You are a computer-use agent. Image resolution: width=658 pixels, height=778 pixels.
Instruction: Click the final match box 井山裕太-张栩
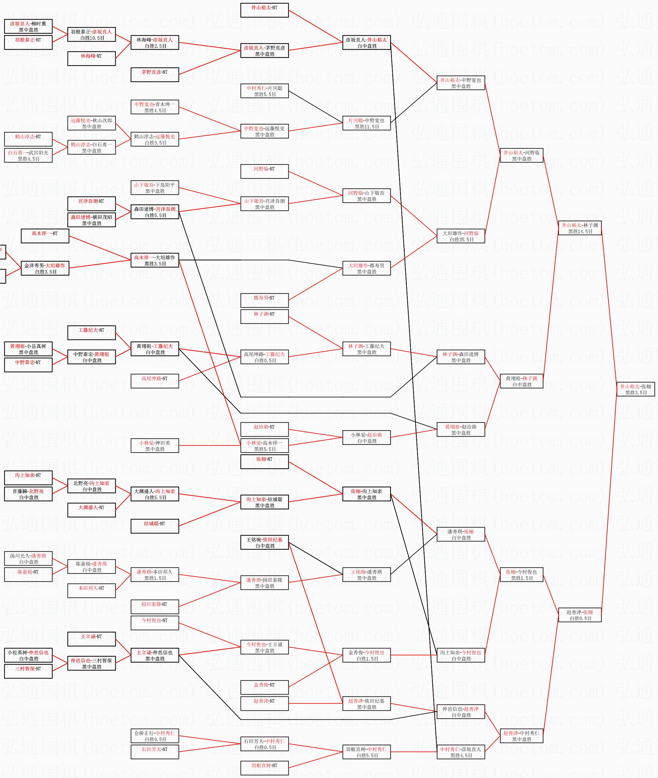click(x=636, y=389)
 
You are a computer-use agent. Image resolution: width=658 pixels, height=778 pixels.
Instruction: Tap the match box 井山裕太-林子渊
click(x=580, y=228)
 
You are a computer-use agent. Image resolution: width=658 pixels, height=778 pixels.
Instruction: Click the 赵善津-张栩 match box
click(x=580, y=615)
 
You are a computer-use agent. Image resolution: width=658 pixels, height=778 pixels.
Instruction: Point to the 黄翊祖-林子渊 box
click(x=522, y=381)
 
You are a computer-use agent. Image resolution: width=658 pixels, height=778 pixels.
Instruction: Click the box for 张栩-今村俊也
click(x=522, y=575)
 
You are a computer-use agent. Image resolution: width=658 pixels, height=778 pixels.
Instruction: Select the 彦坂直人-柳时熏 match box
click(x=28, y=26)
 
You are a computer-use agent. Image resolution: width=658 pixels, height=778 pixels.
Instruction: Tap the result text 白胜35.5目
click(x=461, y=240)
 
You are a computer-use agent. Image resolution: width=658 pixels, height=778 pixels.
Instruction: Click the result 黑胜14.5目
click(x=580, y=232)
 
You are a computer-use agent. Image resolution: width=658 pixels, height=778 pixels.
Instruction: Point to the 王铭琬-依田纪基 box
click(x=265, y=543)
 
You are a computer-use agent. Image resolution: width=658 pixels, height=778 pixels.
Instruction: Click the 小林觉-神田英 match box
click(x=155, y=446)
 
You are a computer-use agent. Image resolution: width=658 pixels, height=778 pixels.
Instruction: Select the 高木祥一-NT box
click(x=45, y=236)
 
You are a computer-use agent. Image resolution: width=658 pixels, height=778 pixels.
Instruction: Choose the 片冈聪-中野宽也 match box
click(x=366, y=123)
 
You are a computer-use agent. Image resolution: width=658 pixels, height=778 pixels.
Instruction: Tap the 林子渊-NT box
click(x=265, y=317)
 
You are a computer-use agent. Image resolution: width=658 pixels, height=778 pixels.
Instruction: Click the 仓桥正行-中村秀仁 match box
click(x=155, y=736)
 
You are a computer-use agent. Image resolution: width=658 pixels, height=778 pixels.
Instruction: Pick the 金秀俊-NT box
click(x=265, y=688)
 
